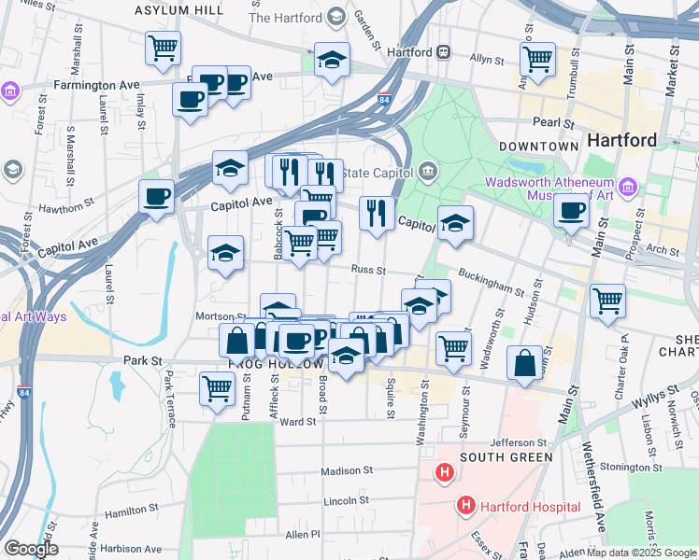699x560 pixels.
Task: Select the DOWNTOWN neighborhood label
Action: [x=538, y=147]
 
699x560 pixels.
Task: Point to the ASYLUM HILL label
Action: [x=178, y=9]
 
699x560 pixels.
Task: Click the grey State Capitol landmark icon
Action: [x=428, y=171]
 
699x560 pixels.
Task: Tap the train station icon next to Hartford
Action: [x=445, y=52]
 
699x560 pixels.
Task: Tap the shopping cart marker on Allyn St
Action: [x=537, y=59]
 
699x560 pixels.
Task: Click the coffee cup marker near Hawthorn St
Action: [x=156, y=196]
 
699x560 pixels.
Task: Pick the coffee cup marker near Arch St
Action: [x=571, y=210]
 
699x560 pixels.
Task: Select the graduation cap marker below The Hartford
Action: [x=332, y=60]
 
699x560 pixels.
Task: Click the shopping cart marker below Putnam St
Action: [x=217, y=386]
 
